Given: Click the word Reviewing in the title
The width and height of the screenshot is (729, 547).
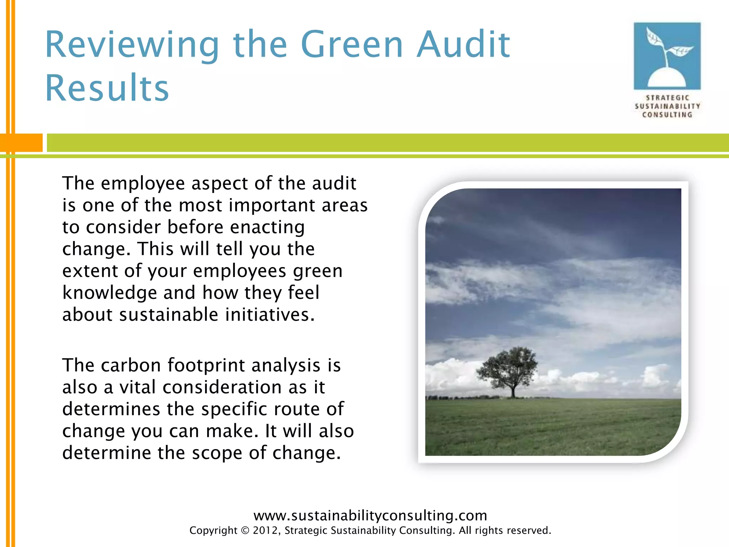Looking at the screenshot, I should (132, 45).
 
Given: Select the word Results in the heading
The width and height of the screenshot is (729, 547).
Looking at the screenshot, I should (107, 88).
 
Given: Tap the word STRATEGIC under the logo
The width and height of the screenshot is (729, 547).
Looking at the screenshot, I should (667, 98).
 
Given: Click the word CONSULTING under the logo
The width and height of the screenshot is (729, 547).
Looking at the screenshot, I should (667, 115).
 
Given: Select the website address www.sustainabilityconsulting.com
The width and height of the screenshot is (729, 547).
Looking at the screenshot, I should (370, 515).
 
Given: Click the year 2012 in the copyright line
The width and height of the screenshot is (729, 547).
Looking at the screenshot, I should (263, 531).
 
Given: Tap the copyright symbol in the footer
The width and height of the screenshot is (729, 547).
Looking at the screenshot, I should (245, 531).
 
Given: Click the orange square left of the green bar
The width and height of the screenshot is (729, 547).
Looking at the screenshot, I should (21, 143).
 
